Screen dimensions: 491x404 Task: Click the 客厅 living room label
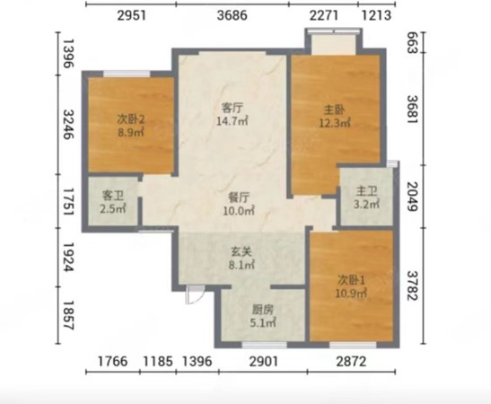(x=232, y=108)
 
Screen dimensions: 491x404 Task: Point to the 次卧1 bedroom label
(x=351, y=280)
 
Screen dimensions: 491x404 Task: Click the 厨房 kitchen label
(x=263, y=310)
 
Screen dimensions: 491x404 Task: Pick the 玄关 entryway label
(x=241, y=251)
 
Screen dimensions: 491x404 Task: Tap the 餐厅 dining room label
(x=239, y=198)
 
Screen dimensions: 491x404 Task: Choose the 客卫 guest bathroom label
(x=113, y=196)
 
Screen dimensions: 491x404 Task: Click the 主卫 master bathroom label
(x=366, y=190)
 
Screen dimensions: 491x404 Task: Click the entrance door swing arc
(x=199, y=298)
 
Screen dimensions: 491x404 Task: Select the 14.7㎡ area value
(x=232, y=121)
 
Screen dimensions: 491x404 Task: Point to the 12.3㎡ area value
(x=335, y=123)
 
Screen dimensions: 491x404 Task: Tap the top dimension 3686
(x=232, y=15)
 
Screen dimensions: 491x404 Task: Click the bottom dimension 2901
(x=264, y=362)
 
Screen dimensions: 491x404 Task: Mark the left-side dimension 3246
(x=68, y=124)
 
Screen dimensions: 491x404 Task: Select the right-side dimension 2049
(x=413, y=197)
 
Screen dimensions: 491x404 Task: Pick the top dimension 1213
(x=376, y=15)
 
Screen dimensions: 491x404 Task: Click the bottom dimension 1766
(x=113, y=362)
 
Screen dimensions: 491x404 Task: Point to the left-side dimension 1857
(x=68, y=315)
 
